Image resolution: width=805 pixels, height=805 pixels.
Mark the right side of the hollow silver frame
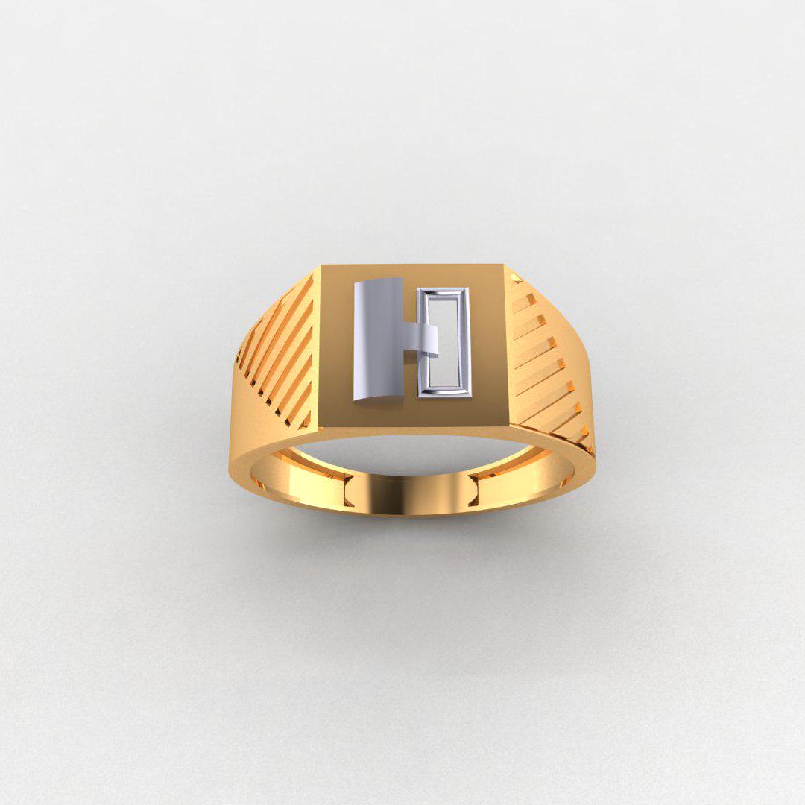pos(467,342)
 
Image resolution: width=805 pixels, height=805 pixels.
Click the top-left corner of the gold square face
pos(323,267)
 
